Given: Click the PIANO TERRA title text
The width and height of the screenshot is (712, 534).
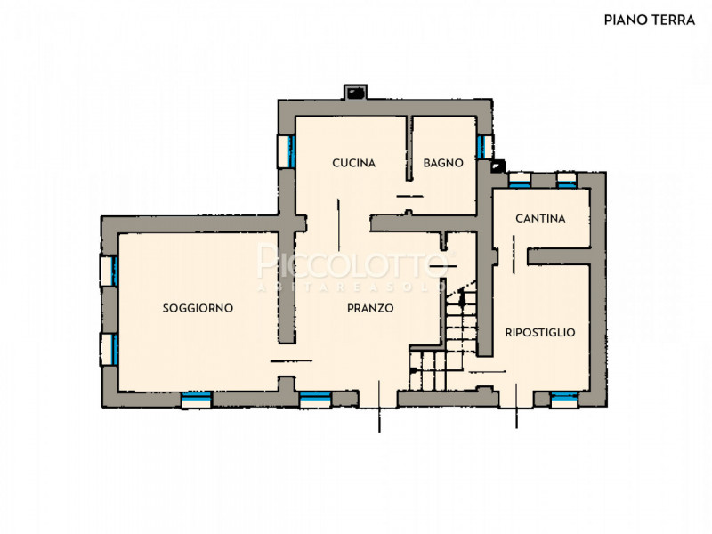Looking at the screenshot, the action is (650, 20).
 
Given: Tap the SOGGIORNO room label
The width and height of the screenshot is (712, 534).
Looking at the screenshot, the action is (198, 308).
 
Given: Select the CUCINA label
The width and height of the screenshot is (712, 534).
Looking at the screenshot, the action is (353, 163).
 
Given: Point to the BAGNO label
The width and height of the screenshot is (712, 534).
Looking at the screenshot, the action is (443, 163).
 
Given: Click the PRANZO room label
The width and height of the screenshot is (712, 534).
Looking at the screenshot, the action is (370, 308).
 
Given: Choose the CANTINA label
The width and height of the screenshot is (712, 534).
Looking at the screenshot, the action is (540, 218).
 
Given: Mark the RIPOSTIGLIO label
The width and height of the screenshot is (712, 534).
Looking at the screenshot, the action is (540, 332).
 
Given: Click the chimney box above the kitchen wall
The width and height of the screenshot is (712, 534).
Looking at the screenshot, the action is (354, 93).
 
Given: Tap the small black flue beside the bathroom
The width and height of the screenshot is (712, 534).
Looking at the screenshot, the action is (498, 166).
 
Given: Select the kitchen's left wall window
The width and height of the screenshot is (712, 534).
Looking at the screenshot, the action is (287, 151).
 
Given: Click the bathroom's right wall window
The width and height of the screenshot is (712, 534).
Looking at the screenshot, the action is (484, 147).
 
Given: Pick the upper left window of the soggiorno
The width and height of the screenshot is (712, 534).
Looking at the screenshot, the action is (109, 271).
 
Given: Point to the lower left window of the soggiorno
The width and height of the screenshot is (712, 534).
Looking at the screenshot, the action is (109, 349).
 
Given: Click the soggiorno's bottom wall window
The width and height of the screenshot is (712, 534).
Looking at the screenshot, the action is (197, 400).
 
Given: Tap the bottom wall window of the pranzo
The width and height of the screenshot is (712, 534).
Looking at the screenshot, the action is (315, 400).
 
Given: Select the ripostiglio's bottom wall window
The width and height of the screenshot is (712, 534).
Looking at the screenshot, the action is (564, 400).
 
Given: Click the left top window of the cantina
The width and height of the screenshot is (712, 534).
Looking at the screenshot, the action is (520, 180).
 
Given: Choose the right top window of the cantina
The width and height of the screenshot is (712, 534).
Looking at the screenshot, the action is (567, 180).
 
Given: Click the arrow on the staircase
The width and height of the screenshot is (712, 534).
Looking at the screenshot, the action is (462, 297).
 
